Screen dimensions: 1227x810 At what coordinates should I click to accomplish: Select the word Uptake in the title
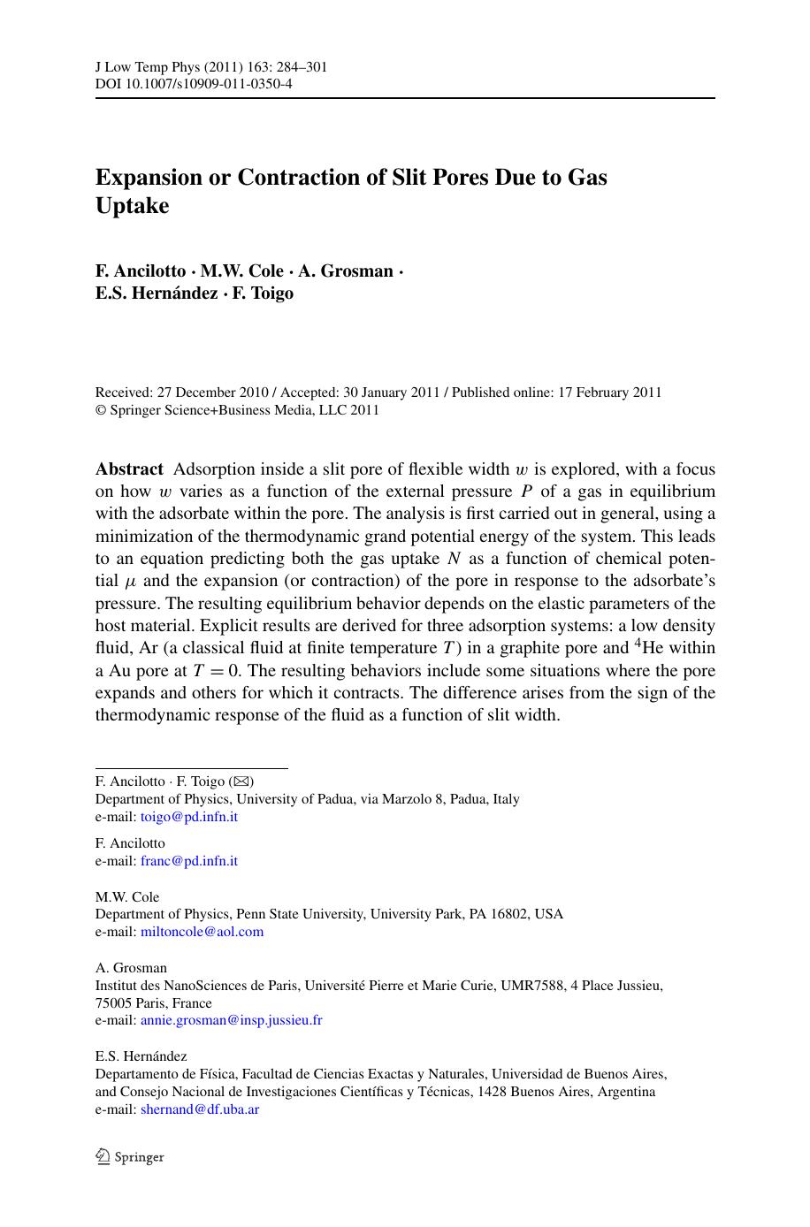[132, 205]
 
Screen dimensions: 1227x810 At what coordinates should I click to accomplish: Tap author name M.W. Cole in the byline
[242, 271]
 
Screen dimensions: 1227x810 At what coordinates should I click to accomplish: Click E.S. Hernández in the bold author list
[157, 293]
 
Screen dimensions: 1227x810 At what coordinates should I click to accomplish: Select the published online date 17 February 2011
[609, 392]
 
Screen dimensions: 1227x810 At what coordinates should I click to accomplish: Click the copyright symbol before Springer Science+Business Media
[100, 410]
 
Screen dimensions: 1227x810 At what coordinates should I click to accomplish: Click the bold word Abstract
[129, 469]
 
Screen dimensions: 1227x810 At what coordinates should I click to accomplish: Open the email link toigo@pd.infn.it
[188, 817]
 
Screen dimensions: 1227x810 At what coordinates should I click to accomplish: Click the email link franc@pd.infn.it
[188, 861]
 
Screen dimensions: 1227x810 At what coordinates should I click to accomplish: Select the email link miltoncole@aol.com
[202, 932]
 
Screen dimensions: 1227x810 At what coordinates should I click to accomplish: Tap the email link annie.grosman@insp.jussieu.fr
[231, 1020]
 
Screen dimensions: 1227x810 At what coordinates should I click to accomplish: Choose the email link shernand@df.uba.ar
[199, 1109]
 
